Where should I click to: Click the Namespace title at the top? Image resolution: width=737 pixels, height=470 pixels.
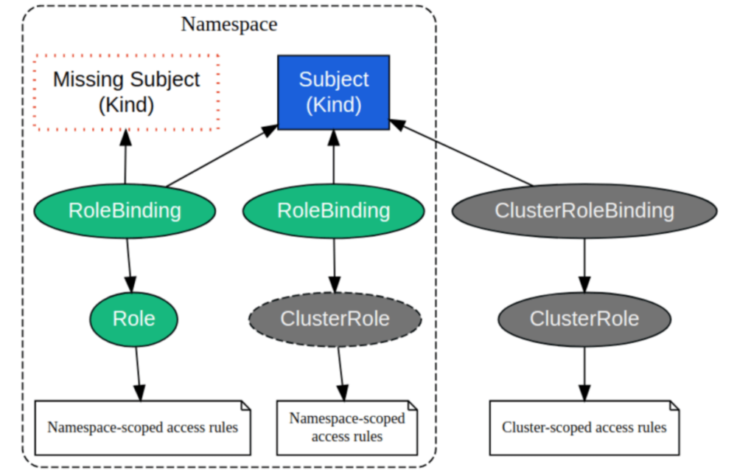[229, 24]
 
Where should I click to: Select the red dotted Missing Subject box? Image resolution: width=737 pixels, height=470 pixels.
[127, 92]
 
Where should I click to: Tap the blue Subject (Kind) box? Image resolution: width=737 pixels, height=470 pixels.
[333, 92]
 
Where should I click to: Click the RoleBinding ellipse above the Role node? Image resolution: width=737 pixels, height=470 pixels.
[125, 210]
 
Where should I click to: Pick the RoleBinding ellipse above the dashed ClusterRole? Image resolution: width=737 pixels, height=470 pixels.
[333, 210]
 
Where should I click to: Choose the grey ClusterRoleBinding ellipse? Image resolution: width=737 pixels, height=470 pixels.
[584, 210]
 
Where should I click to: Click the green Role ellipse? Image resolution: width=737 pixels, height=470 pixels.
[133, 318]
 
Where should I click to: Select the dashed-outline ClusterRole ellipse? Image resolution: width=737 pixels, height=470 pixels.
[335, 318]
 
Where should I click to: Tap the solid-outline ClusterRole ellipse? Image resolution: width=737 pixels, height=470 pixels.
[584, 318]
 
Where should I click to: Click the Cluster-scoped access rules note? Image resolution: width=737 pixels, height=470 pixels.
[584, 427]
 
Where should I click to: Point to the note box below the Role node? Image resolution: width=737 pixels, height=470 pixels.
[142, 427]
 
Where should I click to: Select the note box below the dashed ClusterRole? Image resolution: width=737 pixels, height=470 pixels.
[346, 427]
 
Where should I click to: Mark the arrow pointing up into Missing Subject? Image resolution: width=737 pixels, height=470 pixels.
[125, 159]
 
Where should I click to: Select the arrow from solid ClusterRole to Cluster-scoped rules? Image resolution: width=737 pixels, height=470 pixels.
[584, 373]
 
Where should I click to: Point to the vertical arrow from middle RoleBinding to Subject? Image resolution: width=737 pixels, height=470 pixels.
[334, 159]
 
